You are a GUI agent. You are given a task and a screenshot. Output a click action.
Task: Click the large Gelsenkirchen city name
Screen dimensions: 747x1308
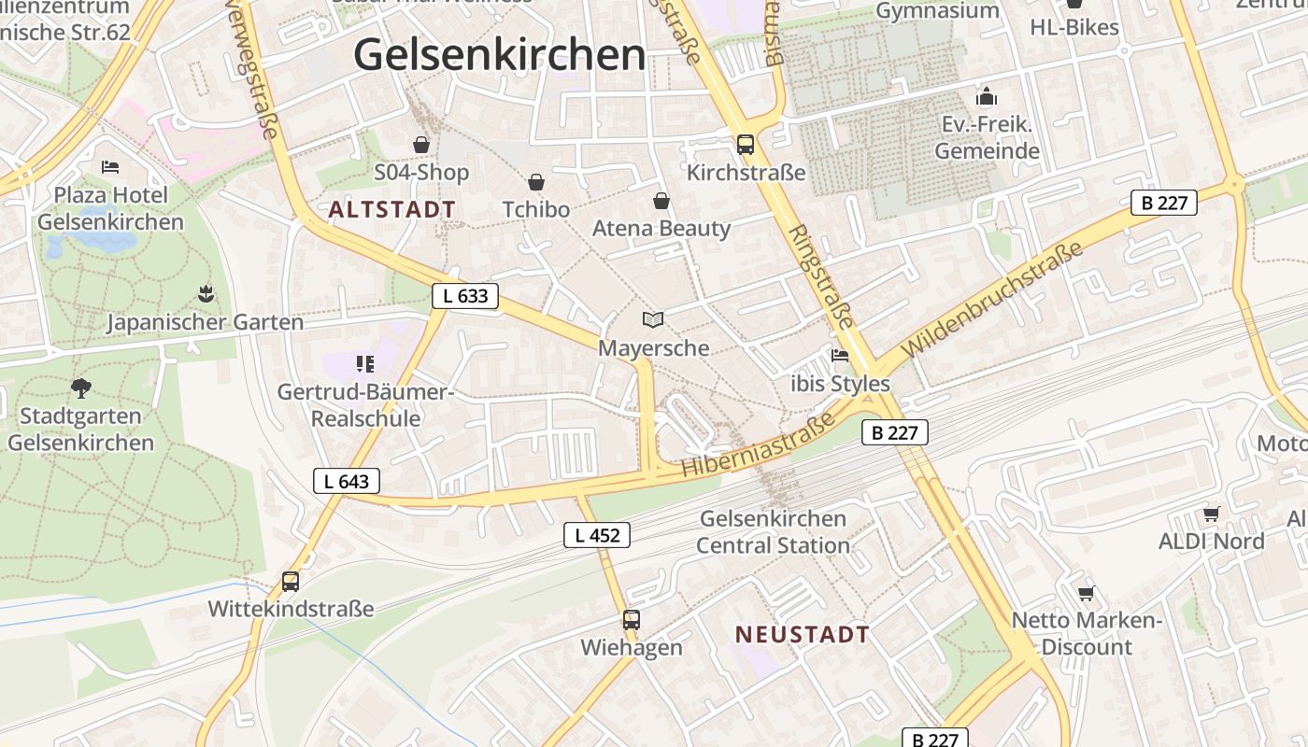click(499, 54)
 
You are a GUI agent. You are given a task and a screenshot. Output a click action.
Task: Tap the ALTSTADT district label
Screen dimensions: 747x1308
click(392, 209)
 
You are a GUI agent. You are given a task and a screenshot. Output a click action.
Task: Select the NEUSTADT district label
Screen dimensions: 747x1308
click(802, 635)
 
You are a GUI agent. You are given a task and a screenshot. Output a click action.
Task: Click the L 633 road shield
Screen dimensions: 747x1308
click(465, 296)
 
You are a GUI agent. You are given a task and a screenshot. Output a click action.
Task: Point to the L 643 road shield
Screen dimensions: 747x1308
click(347, 482)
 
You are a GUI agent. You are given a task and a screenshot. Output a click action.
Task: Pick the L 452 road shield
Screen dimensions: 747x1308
click(597, 535)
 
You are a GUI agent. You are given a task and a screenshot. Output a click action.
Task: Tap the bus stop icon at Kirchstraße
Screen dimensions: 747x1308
click(745, 145)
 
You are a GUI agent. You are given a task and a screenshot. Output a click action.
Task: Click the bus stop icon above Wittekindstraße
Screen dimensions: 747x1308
click(291, 582)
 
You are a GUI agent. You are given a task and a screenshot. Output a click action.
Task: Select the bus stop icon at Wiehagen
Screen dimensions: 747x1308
click(632, 619)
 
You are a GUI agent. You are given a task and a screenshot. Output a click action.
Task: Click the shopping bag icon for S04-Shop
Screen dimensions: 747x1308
click(421, 145)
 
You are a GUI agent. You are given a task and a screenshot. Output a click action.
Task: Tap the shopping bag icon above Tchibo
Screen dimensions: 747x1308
click(536, 181)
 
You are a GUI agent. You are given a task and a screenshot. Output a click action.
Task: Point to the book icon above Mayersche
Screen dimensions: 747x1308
click(653, 320)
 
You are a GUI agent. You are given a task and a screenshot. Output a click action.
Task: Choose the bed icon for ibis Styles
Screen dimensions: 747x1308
click(840, 356)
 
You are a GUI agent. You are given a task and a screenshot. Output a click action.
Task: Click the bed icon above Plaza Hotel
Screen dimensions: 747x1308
click(110, 167)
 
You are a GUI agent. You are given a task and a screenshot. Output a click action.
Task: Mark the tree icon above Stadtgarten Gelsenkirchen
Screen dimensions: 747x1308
click(80, 388)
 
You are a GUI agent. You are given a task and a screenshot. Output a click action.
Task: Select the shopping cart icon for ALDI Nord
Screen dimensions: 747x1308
click(1211, 514)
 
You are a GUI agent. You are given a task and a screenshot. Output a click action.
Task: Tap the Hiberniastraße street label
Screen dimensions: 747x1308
click(758, 447)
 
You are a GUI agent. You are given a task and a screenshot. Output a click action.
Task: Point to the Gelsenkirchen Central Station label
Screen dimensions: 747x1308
click(773, 531)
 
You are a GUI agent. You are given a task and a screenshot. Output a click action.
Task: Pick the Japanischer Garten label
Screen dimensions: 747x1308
click(205, 322)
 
